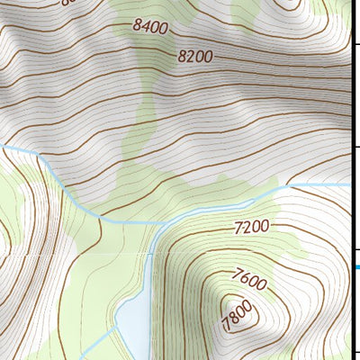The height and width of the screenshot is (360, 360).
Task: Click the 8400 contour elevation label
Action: (x=149, y=28)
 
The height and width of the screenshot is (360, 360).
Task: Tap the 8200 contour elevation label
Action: (x=194, y=56)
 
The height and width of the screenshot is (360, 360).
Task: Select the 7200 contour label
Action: (x=252, y=228)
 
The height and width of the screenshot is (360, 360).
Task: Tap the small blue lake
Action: (x=131, y=319)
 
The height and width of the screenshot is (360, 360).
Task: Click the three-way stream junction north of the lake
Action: (x=154, y=222)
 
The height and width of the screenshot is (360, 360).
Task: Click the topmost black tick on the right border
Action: (x=356, y=43)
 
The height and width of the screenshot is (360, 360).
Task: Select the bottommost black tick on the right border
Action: (x=356, y=352)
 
